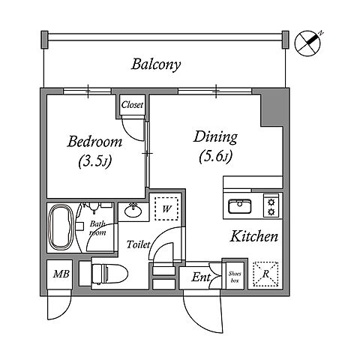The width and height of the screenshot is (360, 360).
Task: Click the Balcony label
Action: pyautogui.click(x=156, y=64)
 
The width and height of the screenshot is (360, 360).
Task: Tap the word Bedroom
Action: pyautogui.click(x=94, y=142)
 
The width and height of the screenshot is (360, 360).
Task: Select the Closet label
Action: pyautogui.click(x=132, y=105)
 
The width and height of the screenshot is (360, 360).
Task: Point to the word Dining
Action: pyautogui.click(x=215, y=137)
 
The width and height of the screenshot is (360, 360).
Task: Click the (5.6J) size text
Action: pyautogui.click(x=216, y=157)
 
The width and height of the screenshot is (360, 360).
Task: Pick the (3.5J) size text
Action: pyautogui.click(x=94, y=161)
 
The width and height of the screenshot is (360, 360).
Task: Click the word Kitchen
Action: pyautogui.click(x=253, y=236)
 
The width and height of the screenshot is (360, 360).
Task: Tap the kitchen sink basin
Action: pyautogui.click(x=239, y=206)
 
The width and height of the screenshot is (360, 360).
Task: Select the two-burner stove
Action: pyautogui.click(x=271, y=205)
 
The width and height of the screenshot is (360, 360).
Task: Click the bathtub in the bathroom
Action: pyautogui.click(x=61, y=227)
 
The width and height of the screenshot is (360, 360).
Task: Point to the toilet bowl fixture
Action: pyautogui.click(x=109, y=274)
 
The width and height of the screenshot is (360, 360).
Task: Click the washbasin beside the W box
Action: pyautogui.click(x=133, y=211)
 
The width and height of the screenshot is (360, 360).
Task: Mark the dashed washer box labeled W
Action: pyautogui.click(x=166, y=208)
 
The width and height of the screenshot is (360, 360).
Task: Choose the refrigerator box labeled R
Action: pyautogui.click(x=265, y=274)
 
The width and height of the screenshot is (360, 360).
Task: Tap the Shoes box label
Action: pyautogui.click(x=235, y=277)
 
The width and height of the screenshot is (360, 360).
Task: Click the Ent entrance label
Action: pyautogui.click(x=201, y=277)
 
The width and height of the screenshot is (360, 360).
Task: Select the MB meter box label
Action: pyautogui.click(x=61, y=274)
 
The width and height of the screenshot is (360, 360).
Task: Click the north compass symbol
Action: pyautogui.click(x=308, y=43)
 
